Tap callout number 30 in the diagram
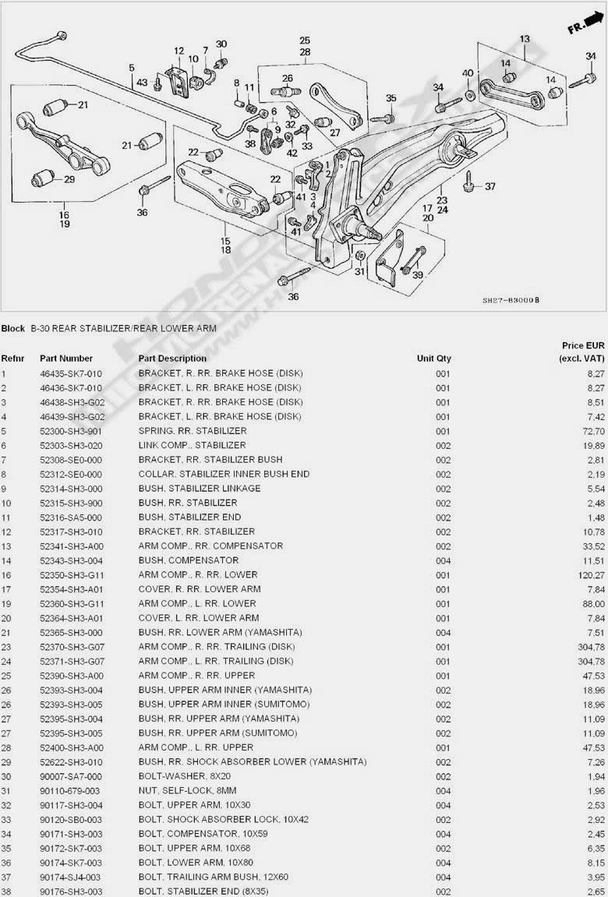(x=221, y=44)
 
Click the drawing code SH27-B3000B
(x=511, y=300)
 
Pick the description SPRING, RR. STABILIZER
(x=193, y=431)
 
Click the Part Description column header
(x=172, y=358)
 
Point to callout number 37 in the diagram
(x=490, y=186)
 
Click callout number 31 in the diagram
(x=359, y=271)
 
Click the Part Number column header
(x=66, y=358)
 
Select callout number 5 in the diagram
(x=132, y=67)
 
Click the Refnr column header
(x=12, y=358)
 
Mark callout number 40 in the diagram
(x=468, y=73)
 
